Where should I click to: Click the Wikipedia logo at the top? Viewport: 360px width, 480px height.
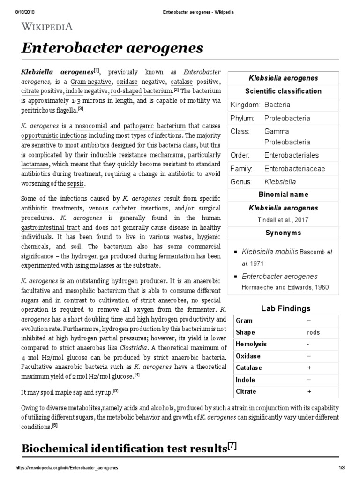(46, 26)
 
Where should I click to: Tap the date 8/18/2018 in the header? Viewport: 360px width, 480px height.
(14, 4)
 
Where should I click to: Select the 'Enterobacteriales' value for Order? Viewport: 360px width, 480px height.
(291, 155)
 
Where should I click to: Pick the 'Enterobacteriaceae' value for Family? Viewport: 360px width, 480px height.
(294, 168)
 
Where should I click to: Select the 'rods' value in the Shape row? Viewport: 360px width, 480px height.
(314, 332)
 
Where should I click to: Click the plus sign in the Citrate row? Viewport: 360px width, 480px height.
(309, 391)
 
